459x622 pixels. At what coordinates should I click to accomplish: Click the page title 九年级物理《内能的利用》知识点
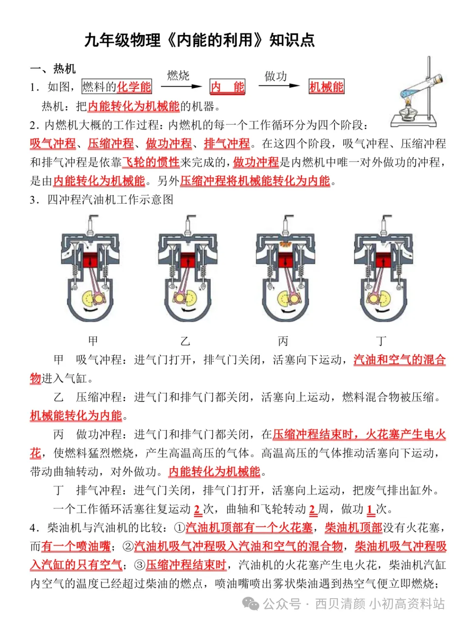199,40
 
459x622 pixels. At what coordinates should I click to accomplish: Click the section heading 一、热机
53,69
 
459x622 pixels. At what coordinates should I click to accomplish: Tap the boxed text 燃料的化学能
116,87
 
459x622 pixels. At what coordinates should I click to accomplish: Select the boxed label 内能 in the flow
227,87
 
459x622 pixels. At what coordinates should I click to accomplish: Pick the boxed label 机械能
326,87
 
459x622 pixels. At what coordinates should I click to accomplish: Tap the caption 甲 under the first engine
93,341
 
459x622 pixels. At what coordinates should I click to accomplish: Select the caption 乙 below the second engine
185,341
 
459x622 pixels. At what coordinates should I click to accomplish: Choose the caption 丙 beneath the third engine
283,341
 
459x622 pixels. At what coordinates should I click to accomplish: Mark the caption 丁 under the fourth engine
381,341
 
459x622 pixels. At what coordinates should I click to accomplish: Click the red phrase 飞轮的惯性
151,162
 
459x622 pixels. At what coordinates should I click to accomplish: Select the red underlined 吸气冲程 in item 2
53,144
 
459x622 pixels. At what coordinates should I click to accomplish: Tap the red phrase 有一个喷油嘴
76,546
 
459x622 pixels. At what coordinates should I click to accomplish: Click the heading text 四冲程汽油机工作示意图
110,200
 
